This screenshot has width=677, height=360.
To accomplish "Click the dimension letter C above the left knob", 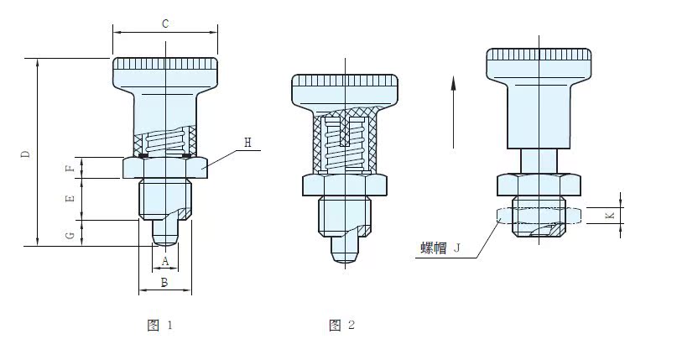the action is (x=165, y=24).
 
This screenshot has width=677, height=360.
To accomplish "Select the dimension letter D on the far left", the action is (x=26, y=154).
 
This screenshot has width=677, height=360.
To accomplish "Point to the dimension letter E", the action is (x=70, y=199).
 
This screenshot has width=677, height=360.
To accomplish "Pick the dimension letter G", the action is (x=70, y=236).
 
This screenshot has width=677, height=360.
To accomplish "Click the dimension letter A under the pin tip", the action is (x=165, y=261).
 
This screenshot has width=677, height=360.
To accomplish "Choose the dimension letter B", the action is (x=164, y=283).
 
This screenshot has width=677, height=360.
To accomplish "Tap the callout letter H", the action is (x=247, y=143).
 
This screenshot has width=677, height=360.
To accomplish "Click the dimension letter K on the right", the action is (x=610, y=215).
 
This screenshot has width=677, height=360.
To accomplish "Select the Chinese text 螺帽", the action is (x=434, y=248).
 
